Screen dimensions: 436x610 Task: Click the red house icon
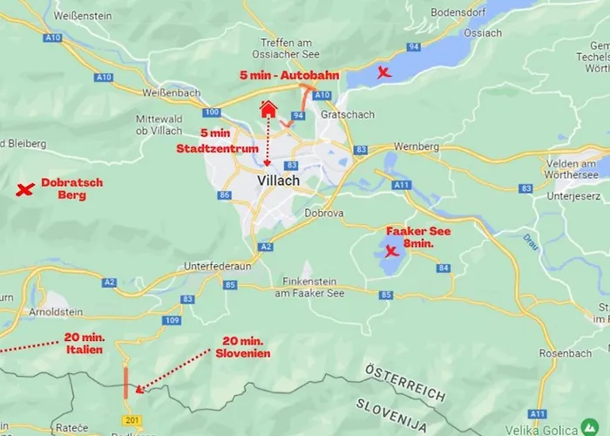click(x=268, y=108)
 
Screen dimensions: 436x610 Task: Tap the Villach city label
click(x=279, y=181)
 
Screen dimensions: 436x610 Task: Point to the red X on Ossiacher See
click(x=383, y=72)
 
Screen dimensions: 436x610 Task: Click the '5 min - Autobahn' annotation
click(x=289, y=75)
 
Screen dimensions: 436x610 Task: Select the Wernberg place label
click(x=416, y=146)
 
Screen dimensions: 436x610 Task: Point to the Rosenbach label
click(x=565, y=353)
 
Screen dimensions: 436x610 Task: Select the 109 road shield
click(x=173, y=321)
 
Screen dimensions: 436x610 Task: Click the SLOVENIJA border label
click(x=391, y=414)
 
